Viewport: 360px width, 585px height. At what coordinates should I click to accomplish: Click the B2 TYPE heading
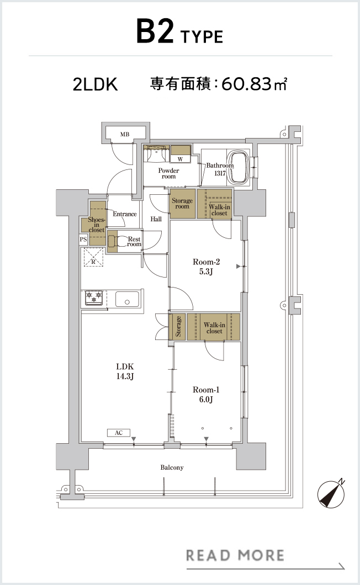pos(179,33)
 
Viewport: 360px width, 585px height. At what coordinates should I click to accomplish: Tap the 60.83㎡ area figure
pos(255,84)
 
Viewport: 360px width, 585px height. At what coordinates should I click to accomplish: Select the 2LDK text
pos(95,84)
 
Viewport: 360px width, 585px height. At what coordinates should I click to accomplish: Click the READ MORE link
pos(235,555)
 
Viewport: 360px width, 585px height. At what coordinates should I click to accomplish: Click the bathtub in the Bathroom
pos(239,168)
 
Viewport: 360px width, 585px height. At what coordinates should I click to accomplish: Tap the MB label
pos(125,134)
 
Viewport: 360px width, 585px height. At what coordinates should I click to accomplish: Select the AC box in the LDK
pos(119,433)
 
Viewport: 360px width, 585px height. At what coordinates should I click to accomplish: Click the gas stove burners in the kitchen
pos(94,297)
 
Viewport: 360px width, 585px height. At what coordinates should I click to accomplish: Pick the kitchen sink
pos(128,299)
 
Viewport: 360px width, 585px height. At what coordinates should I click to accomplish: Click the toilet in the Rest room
pos(116,241)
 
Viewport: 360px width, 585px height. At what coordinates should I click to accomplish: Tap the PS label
pos(83,239)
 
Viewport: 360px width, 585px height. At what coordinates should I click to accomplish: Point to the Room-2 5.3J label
pos(206,267)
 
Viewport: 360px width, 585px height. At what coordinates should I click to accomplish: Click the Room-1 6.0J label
pos(206,395)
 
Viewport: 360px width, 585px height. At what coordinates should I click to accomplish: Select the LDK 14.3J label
pos(125,371)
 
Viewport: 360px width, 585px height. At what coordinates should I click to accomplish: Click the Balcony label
pos(172,467)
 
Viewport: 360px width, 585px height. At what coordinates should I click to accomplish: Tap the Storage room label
pos(182,203)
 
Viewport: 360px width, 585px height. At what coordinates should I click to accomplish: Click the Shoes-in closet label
pos(96,225)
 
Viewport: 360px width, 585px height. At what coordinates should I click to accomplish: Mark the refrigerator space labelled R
pos(93,257)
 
